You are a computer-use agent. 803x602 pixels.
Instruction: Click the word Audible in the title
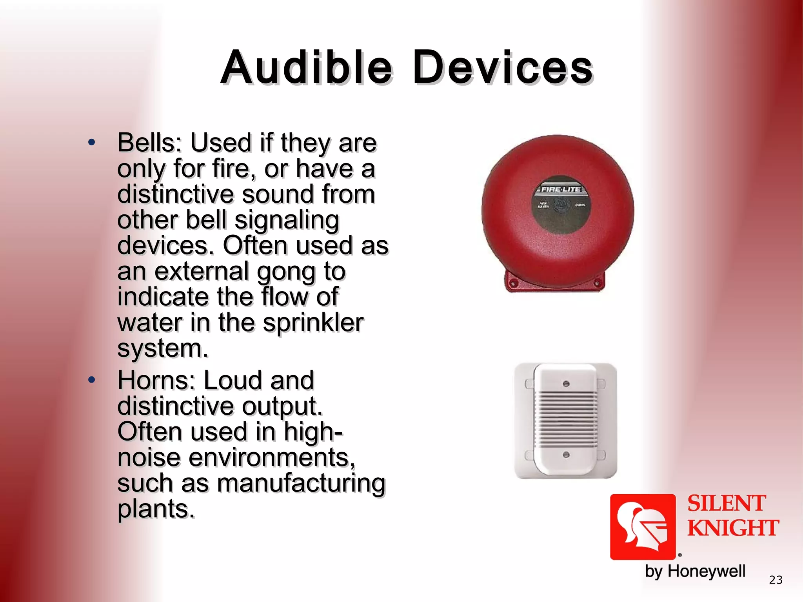coord(306,67)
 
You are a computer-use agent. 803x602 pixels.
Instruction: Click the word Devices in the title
coord(503,67)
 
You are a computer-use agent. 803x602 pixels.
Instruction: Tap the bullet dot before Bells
coord(92,143)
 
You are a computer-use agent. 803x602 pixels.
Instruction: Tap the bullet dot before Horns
coord(92,380)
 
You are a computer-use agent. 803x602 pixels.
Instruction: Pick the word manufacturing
coord(301,483)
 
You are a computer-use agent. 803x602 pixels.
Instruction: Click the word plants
coord(156,509)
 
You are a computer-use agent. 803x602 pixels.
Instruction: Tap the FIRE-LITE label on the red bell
coord(561,190)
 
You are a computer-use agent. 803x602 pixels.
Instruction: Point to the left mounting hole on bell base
coord(513,283)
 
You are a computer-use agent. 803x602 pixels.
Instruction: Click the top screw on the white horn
coord(566,384)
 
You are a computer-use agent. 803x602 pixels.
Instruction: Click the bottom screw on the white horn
coord(566,455)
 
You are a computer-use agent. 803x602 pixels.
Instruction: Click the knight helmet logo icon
coord(643,527)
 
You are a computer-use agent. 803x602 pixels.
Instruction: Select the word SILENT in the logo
coord(726,504)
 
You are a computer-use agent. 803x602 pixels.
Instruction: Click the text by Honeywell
coord(695,571)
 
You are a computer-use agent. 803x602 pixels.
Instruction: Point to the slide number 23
coord(776,580)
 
